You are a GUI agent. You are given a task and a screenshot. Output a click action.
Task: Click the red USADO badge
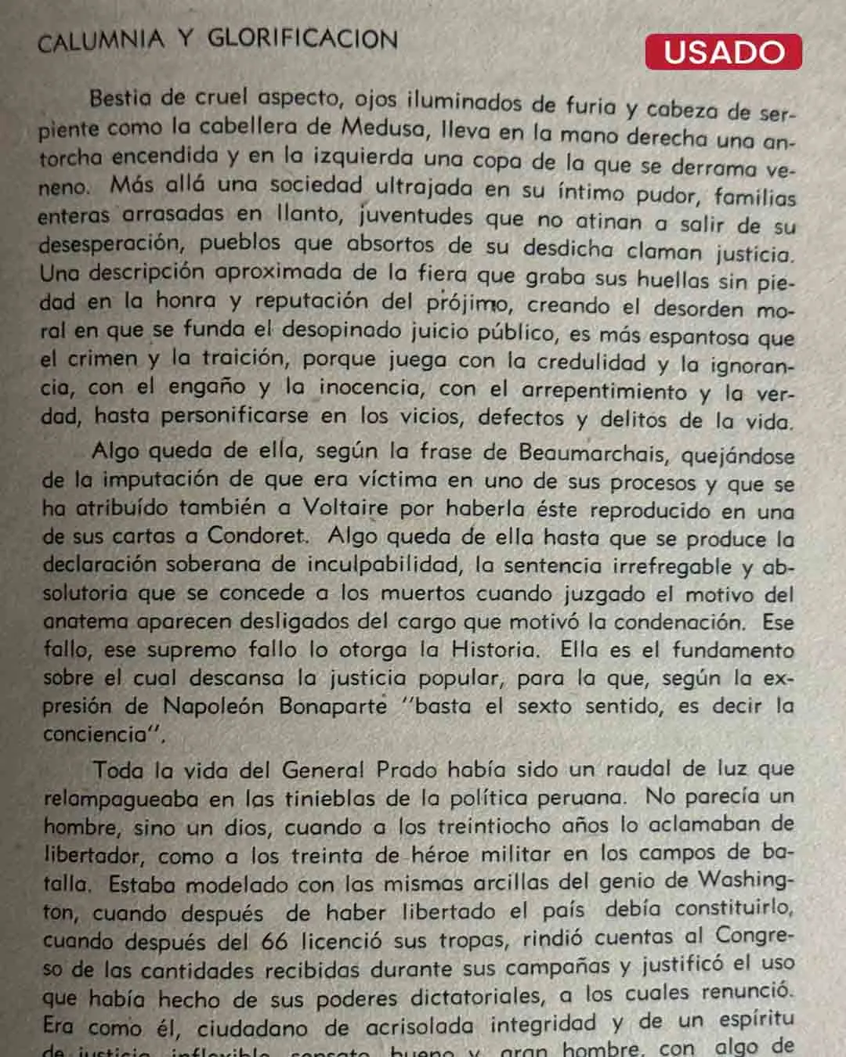pyautogui.click(x=723, y=52)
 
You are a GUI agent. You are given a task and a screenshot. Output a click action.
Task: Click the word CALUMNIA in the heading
pyautogui.click(x=101, y=41)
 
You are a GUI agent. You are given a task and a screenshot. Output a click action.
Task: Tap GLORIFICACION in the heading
pyautogui.click(x=302, y=38)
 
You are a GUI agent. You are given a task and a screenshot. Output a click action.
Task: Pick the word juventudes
pyautogui.click(x=416, y=215)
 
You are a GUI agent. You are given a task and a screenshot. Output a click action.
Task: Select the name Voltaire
pyautogui.click(x=345, y=507)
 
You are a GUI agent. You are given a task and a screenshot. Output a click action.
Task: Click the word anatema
pyautogui.click(x=85, y=622)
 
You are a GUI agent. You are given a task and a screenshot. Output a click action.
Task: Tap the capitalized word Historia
pyautogui.click(x=494, y=650)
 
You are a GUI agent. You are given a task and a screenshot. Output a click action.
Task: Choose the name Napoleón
pyautogui.click(x=213, y=706)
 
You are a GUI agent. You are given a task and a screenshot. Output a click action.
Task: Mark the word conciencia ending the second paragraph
pyautogui.click(x=91, y=734)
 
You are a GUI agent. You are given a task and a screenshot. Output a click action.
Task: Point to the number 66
pyautogui.click(x=274, y=941)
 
